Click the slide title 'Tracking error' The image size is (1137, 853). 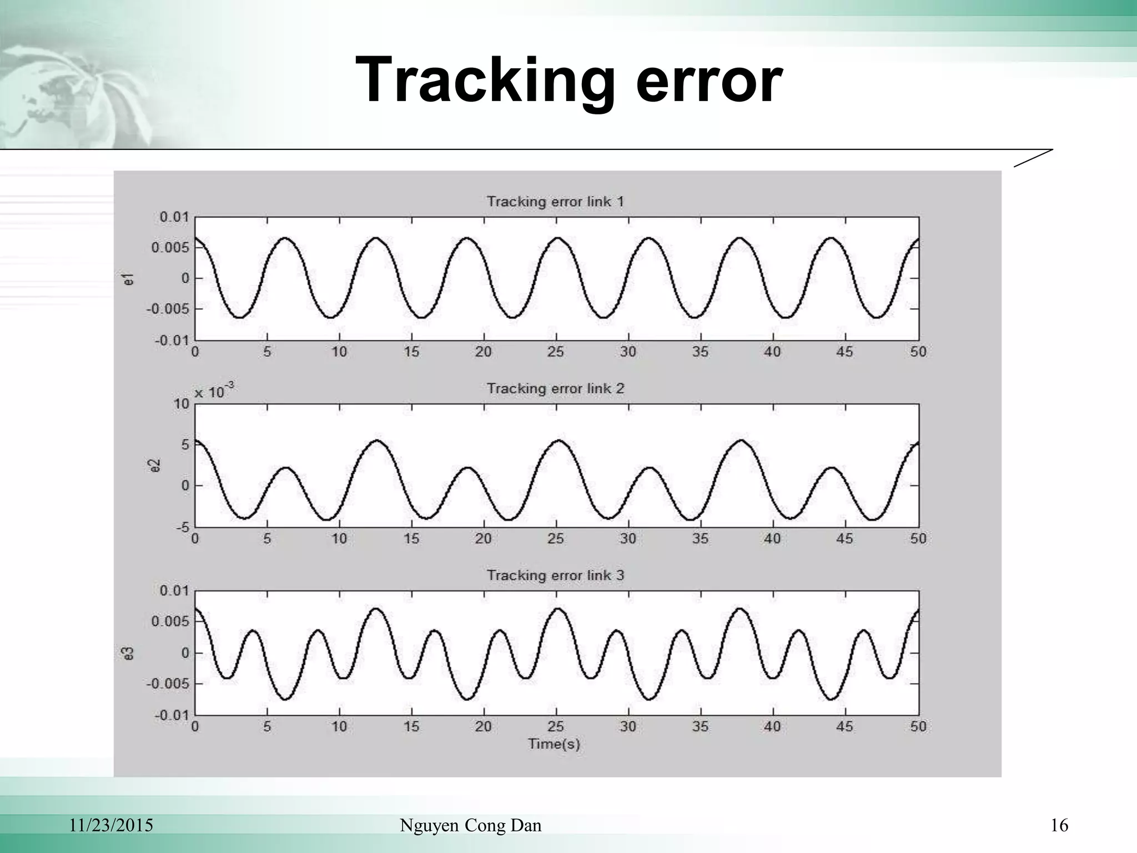(x=568, y=81)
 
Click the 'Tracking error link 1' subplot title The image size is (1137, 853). (x=555, y=202)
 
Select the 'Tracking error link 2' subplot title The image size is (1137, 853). (x=555, y=389)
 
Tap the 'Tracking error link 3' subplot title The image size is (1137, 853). (x=555, y=575)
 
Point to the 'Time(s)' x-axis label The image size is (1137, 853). (x=554, y=744)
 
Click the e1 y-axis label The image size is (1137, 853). (x=129, y=279)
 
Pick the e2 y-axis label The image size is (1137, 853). (x=156, y=465)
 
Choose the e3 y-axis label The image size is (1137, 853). (x=129, y=653)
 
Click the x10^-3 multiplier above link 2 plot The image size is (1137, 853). (x=214, y=392)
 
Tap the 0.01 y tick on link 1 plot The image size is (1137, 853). (x=174, y=217)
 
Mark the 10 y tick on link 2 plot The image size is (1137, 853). (x=182, y=404)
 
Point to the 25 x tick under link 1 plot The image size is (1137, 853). (x=556, y=352)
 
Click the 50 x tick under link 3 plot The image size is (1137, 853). (x=918, y=726)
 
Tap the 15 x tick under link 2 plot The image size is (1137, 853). (x=411, y=539)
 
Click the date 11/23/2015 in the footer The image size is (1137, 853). (x=111, y=826)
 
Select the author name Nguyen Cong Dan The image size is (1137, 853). (x=471, y=826)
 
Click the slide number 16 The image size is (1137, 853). (x=1059, y=826)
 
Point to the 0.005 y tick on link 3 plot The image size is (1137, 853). (x=170, y=621)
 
